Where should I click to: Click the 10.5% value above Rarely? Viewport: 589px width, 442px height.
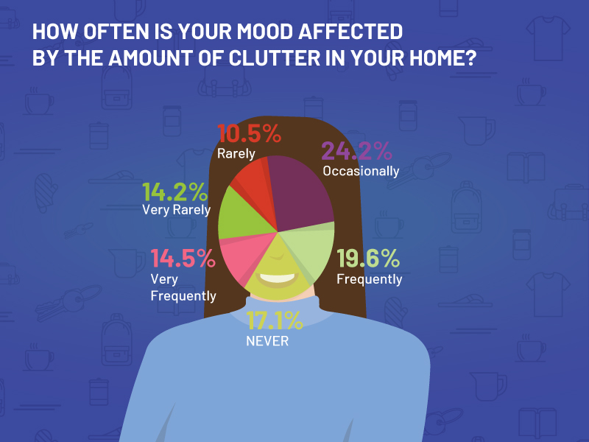(x=249, y=134)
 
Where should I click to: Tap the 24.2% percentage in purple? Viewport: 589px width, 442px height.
(x=356, y=151)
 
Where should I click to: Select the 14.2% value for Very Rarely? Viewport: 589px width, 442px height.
(x=174, y=192)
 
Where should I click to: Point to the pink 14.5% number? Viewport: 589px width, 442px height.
(x=183, y=259)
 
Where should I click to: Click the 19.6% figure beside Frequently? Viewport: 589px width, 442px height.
(x=368, y=259)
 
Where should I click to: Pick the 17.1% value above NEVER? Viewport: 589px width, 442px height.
(x=275, y=320)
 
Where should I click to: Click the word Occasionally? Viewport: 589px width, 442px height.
(x=361, y=172)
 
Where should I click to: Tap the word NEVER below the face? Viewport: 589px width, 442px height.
(x=267, y=341)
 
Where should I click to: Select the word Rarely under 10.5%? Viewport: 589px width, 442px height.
(x=236, y=153)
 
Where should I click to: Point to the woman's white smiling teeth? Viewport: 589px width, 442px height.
(x=278, y=279)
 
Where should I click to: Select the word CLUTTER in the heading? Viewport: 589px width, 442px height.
(x=274, y=58)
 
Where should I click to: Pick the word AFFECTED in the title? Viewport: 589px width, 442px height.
(x=350, y=32)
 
